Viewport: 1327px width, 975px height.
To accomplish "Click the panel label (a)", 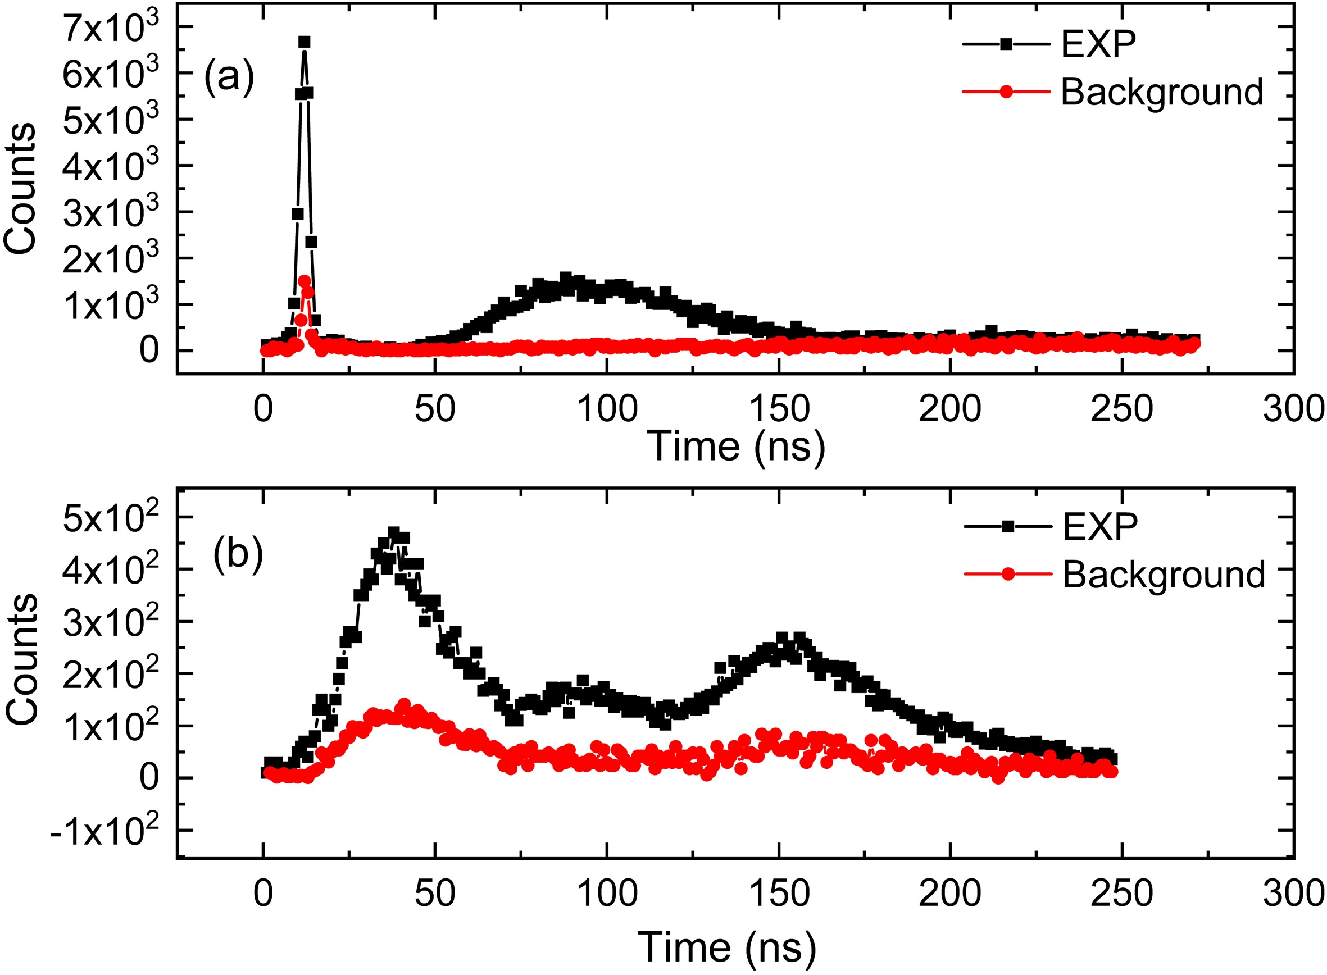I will pos(229,78).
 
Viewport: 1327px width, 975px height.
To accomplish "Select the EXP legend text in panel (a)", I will pos(1098,44).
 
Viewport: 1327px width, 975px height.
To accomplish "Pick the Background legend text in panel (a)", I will pos(1162,92).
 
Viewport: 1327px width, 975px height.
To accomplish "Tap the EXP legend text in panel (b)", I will pos(1099,526).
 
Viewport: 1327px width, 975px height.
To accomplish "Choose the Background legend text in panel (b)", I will pos(1164,574).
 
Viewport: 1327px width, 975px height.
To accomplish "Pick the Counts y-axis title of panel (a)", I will pos(20,189).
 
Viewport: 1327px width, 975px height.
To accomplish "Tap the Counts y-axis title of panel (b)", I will pos(22,659).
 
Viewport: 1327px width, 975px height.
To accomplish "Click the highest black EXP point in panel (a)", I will pos(304,42).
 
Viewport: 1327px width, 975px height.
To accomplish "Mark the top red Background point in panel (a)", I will pos(304,281).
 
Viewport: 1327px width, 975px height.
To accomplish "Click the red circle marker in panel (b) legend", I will pos(1008,574).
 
